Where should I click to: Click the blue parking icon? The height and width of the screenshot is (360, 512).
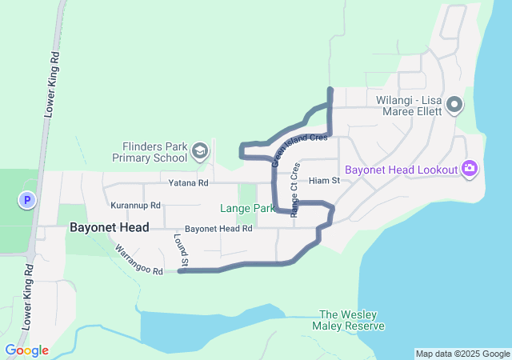27,200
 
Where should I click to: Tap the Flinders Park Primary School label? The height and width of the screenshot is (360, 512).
154,152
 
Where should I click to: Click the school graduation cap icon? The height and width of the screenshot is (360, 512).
199,150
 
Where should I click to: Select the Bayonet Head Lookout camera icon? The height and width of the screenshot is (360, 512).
470,169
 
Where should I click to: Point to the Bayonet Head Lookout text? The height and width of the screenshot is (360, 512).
401,170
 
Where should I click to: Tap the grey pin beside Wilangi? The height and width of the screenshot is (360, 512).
454,104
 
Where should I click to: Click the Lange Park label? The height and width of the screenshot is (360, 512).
247,208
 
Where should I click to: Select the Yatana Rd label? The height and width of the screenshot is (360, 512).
188,183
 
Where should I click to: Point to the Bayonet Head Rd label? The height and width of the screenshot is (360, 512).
218,229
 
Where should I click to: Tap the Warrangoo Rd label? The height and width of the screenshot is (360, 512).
139,261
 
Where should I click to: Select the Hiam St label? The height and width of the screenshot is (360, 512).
324,182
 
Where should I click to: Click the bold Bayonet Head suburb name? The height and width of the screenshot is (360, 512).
109,227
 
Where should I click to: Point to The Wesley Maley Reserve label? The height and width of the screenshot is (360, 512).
352,320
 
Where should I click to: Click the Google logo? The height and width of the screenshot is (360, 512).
27,350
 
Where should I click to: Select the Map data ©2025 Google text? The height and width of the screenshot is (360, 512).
462,354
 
